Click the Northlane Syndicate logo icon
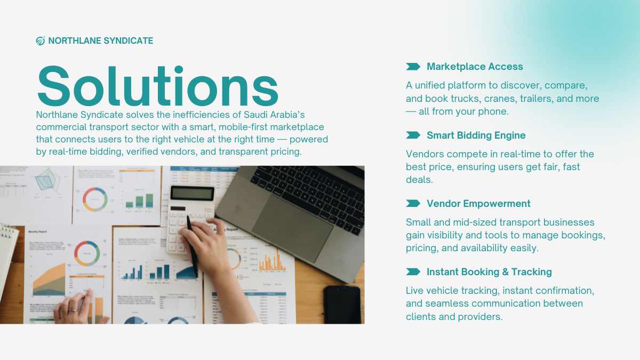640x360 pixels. (x=41, y=41)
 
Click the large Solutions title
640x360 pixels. (x=158, y=86)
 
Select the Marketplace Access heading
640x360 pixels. (x=475, y=67)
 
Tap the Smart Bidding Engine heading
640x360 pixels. (x=476, y=135)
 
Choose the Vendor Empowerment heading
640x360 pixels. (x=478, y=203)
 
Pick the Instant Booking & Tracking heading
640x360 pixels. (x=489, y=271)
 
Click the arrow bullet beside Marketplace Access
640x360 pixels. (x=413, y=67)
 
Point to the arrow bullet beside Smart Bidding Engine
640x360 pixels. (x=413, y=135)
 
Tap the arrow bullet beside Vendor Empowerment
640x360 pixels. (x=413, y=203)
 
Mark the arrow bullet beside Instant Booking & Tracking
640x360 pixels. (x=413, y=271)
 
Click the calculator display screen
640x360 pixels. (x=193, y=194)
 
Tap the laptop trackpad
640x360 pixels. (x=292, y=229)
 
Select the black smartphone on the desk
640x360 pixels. (x=342, y=305)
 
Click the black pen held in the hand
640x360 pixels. (x=193, y=246)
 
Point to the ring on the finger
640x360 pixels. (x=73, y=310)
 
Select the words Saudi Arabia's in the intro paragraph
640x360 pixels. (x=274, y=115)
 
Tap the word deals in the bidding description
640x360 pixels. (x=419, y=180)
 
